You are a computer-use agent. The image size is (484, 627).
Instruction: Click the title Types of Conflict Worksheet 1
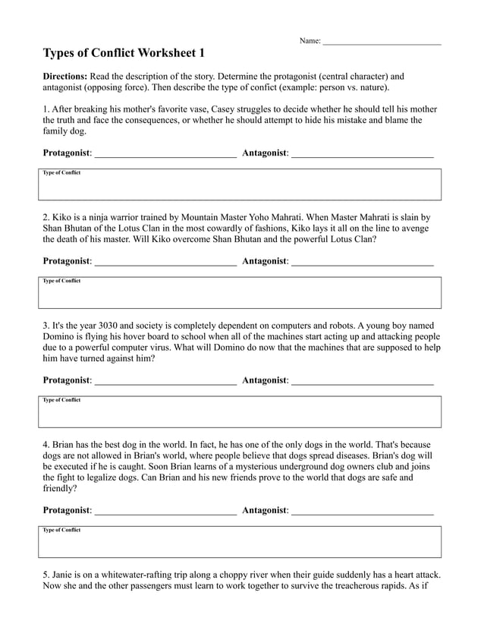[x=124, y=53]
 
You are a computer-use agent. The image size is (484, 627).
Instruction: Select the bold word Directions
[x=65, y=77]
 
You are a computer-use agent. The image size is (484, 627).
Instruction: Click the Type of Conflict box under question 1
[x=240, y=184]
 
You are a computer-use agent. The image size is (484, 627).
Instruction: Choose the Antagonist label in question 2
[x=265, y=261]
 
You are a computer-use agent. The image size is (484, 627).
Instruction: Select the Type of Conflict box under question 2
[x=240, y=292]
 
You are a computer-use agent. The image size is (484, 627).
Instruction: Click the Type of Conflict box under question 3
[x=240, y=411]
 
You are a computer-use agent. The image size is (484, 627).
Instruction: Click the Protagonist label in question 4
[x=67, y=511]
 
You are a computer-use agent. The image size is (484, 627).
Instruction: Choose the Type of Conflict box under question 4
[x=240, y=542]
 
